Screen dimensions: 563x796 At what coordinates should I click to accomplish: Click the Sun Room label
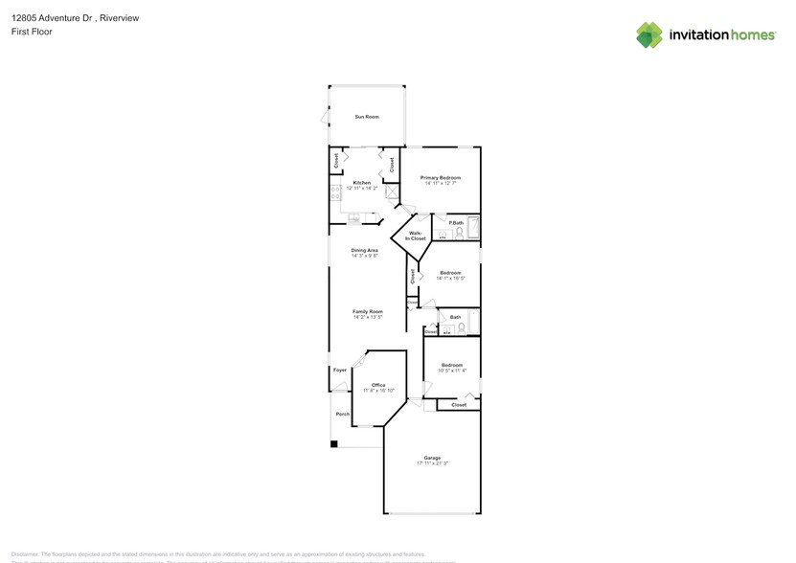[x=367, y=117]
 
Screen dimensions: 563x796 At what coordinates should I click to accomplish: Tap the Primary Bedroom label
[x=441, y=177]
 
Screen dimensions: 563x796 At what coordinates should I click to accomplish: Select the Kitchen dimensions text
[x=362, y=189]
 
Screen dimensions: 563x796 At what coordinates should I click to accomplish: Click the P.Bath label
[x=456, y=223]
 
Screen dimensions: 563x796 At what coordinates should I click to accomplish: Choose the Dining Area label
[x=364, y=250]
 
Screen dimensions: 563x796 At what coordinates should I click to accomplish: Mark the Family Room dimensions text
[x=367, y=317]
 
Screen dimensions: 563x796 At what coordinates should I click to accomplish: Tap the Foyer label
[x=339, y=370]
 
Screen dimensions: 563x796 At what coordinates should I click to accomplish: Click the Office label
[x=378, y=385]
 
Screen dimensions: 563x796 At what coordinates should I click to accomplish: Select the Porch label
[x=341, y=415]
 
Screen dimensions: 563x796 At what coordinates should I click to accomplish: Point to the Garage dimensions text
[x=433, y=463]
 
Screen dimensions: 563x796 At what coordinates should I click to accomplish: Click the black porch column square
[x=333, y=443]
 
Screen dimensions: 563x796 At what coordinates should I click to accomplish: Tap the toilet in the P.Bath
[x=458, y=233]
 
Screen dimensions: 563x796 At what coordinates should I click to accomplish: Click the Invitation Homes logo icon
[x=649, y=35]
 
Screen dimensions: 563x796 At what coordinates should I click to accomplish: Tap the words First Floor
[x=32, y=32]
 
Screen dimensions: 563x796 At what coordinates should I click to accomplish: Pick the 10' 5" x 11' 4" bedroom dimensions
[x=452, y=371]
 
